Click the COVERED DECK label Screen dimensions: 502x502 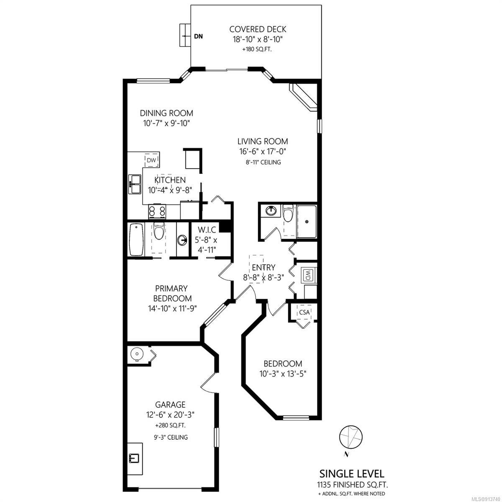(x=257, y=29)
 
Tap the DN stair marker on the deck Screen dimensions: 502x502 (x=199, y=36)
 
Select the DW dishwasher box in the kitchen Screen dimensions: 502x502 (x=151, y=160)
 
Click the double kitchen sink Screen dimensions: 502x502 (x=135, y=184)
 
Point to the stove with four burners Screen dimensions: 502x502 (x=157, y=211)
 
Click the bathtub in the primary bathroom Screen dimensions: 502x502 (x=136, y=239)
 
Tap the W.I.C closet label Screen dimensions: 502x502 (x=207, y=230)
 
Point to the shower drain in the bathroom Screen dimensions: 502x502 (x=307, y=221)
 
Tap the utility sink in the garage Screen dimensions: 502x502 (x=134, y=458)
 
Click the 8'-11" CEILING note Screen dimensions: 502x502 (x=263, y=162)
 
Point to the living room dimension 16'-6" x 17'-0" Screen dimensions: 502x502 (x=263, y=151)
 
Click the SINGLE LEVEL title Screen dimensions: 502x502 (x=352, y=473)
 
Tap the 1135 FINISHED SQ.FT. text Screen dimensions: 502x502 (x=352, y=484)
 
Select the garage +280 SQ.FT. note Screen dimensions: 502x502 (x=170, y=425)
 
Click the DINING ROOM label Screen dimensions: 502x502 (x=166, y=113)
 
